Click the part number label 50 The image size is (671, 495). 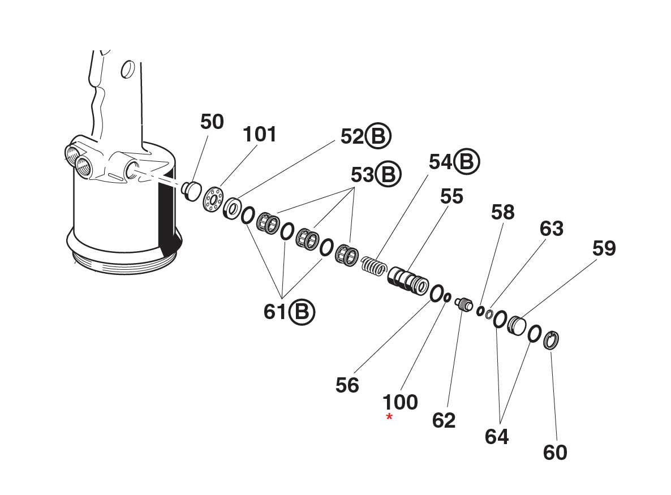pyautogui.click(x=212, y=122)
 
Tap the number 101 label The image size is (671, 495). pyautogui.click(x=260, y=135)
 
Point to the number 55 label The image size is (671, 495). pyautogui.click(x=451, y=196)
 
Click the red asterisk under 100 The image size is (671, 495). pyautogui.click(x=389, y=417)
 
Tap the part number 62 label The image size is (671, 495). pyautogui.click(x=444, y=420)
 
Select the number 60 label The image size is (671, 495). pyautogui.click(x=554, y=453)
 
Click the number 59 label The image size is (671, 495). pyautogui.click(x=604, y=248)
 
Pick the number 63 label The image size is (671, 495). pyautogui.click(x=551, y=229)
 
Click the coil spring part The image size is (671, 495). pyautogui.click(x=374, y=264)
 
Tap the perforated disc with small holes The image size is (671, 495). pyautogui.click(x=213, y=200)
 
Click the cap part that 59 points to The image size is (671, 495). pyautogui.click(x=516, y=326)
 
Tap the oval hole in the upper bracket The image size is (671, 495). pyautogui.click(x=128, y=70)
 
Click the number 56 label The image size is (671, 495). pyautogui.click(x=347, y=385)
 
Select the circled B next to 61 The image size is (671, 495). pyautogui.click(x=302, y=311)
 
